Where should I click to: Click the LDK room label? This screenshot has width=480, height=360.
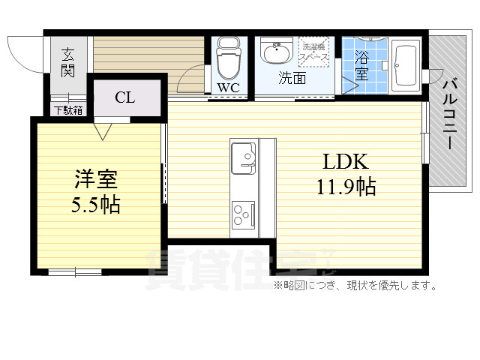pyautogui.click(x=344, y=162)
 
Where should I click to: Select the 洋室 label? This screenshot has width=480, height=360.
pyautogui.click(x=96, y=180)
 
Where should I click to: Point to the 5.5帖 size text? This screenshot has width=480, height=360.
pyautogui.click(x=96, y=205)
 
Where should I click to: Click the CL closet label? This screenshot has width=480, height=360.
pyautogui.click(x=125, y=97)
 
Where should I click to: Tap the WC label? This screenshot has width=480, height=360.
pyautogui.click(x=228, y=88)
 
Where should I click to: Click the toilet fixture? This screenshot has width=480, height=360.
pyautogui.click(x=227, y=58)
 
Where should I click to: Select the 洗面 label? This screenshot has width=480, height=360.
pyautogui.click(x=292, y=78)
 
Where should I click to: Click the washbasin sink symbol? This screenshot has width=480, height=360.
pyautogui.click(x=276, y=53)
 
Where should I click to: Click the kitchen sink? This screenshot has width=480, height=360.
pyautogui.click(x=245, y=155)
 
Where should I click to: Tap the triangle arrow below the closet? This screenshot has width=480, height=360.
pyautogui.click(x=103, y=132)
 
